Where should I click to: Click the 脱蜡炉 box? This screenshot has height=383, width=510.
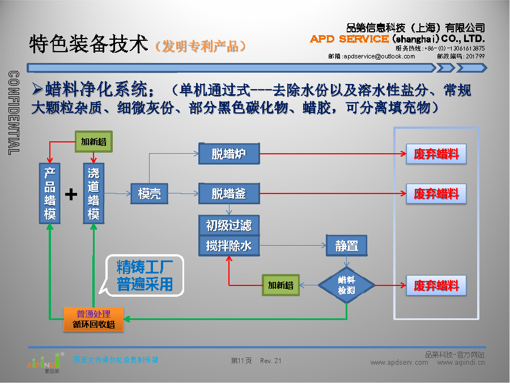pyautogui.click(x=229, y=154)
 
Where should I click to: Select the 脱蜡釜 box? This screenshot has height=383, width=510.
pyautogui.click(x=229, y=193)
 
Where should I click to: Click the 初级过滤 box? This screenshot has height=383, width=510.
pyautogui.click(x=229, y=225)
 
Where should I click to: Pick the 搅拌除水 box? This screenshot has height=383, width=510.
pyautogui.click(x=229, y=246)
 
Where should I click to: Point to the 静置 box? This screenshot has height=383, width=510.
pyautogui.click(x=346, y=246)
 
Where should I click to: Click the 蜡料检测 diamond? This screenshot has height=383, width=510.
pyautogui.click(x=346, y=285)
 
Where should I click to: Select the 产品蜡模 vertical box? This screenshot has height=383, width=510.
pyautogui.click(x=50, y=193)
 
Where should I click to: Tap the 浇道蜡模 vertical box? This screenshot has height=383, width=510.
pyautogui.click(x=93, y=193)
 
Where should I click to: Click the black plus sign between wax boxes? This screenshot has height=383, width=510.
pyautogui.click(x=71, y=195)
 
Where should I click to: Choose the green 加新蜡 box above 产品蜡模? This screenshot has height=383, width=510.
pyautogui.click(x=93, y=142)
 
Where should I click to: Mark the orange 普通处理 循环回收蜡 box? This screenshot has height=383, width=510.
pyautogui.click(x=93, y=319)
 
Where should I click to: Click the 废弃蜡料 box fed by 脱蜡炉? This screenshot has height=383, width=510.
pyautogui.click(x=436, y=154)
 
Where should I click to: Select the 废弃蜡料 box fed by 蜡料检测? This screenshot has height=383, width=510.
pyautogui.click(x=436, y=285)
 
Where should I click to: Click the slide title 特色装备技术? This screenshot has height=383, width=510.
pyautogui.click(x=88, y=44)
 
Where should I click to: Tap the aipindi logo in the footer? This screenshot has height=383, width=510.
pyautogui.click(x=44, y=361)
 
